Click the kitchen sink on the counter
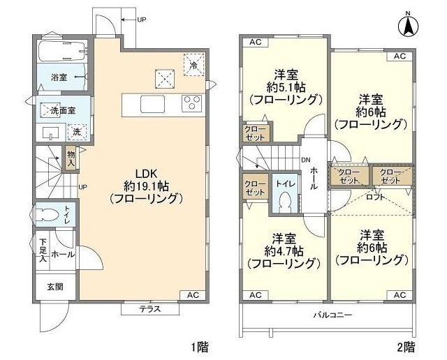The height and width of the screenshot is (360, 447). [x=153, y=104]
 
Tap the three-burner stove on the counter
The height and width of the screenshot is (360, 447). [x=191, y=104]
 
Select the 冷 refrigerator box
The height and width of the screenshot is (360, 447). [x=193, y=64]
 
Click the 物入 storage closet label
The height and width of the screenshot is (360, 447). [x=71, y=158]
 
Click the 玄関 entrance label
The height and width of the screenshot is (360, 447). [x=54, y=286]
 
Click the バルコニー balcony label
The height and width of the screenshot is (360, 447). [x=332, y=315]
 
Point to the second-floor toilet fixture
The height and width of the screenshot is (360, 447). [x=284, y=201]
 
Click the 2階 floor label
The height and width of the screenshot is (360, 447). [x=406, y=346]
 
